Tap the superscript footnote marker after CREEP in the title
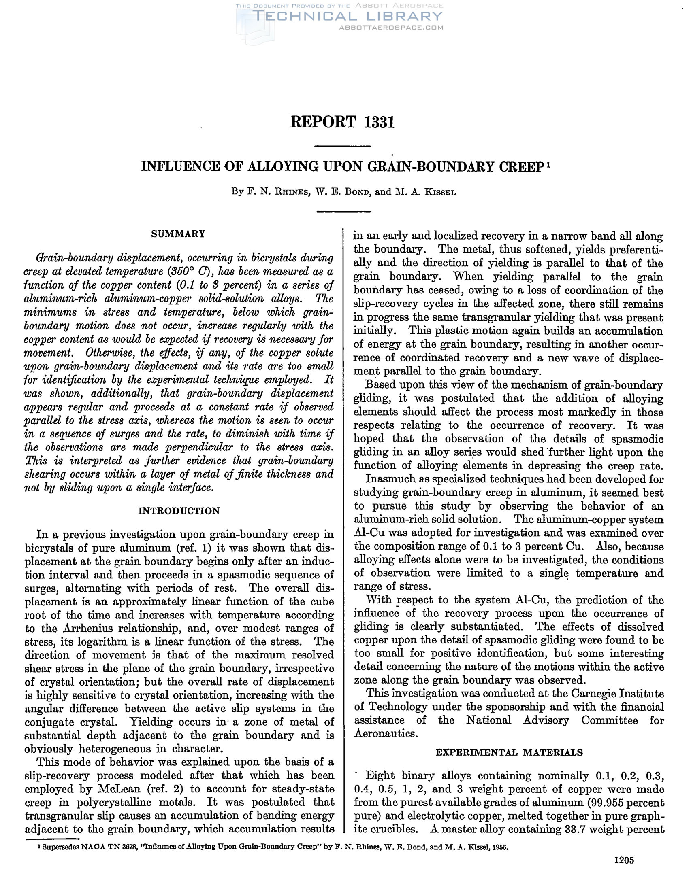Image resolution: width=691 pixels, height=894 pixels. (548, 164)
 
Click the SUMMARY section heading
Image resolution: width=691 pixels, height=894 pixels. (178, 234)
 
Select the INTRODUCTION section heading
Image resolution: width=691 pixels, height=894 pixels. (179, 510)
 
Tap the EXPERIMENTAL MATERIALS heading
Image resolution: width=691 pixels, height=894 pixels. (509, 752)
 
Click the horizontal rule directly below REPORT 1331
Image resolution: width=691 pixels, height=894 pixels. (344, 146)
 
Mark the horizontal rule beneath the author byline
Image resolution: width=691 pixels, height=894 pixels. (344, 212)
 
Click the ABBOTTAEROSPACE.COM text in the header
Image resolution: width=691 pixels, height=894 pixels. (391, 28)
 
